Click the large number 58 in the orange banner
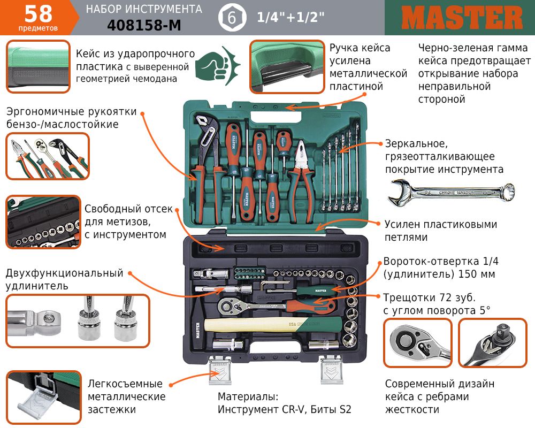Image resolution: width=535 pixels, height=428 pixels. [38, 14]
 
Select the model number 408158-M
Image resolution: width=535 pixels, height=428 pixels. [144, 25]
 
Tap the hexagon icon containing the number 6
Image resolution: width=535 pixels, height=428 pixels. [232, 18]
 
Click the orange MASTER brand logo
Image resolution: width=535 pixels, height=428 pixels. [462, 18]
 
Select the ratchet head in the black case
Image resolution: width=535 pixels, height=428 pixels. [228, 305]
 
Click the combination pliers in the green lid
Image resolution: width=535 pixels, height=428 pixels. [300, 181]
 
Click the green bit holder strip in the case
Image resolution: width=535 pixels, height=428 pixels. [250, 273]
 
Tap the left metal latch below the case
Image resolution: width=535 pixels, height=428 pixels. [220, 370]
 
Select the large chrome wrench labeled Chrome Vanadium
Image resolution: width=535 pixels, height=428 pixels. [451, 193]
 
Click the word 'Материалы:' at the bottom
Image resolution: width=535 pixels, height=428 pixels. [248, 396]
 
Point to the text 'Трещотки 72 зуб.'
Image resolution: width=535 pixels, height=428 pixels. [429, 297]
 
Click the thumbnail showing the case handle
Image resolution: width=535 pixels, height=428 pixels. [287, 66]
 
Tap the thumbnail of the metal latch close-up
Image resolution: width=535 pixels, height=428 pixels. [44, 398]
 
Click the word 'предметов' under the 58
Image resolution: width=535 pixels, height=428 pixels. [38, 28]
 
